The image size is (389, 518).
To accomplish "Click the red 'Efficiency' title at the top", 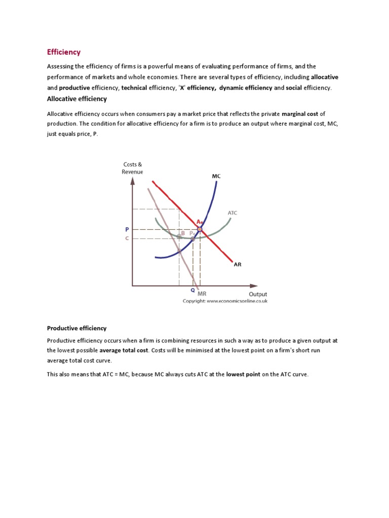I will pos(64,52).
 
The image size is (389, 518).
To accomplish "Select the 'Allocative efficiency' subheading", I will pos(77,99).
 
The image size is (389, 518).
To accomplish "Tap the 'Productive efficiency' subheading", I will pos(76,328).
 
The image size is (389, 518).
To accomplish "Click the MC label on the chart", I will pos(216,176).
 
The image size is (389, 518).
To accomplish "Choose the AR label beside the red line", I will pos(237,264).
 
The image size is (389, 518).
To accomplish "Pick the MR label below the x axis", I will pos(202,293).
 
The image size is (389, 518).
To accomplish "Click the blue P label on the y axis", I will pos(128,229).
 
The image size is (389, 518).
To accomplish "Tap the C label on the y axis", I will pos(128,238).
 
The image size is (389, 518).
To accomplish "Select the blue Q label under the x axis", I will pos(192,290).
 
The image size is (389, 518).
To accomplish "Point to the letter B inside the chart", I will pos(183,233).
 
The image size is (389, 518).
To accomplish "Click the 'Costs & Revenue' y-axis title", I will pos(132,168).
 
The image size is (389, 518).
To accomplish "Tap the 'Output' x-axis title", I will pos(258,294).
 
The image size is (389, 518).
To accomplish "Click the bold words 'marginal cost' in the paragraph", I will pos(300,114).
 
